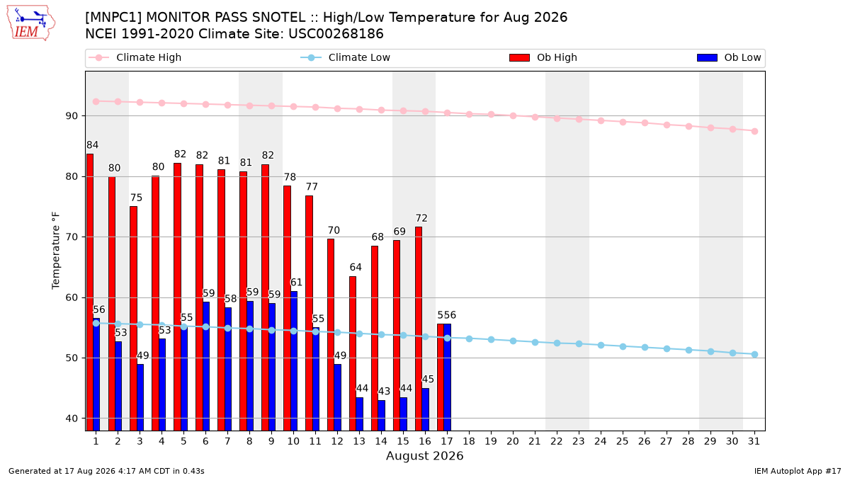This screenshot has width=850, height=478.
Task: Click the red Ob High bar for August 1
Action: point(90,292)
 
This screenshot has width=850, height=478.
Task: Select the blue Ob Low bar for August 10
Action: point(294,360)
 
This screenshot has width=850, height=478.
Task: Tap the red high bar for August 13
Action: point(353,353)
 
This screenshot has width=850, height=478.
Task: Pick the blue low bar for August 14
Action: point(381,416)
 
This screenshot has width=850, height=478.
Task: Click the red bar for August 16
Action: point(419,329)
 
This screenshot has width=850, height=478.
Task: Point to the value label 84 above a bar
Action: point(92,145)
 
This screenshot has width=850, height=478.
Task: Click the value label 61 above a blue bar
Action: point(296,283)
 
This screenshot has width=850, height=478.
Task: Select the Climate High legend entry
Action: point(135,57)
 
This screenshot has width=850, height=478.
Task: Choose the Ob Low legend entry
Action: point(729,57)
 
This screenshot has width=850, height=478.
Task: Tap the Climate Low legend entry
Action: point(345,57)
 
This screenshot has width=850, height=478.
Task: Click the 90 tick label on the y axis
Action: point(72,115)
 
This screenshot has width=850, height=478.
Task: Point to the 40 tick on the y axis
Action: point(72,419)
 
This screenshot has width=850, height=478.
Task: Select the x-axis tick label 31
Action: point(754,441)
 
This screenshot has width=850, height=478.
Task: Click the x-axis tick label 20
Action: point(513,441)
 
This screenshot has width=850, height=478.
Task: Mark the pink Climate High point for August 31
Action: point(755,131)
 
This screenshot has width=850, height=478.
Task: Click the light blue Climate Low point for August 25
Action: point(623,347)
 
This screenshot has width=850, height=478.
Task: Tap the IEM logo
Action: point(30,23)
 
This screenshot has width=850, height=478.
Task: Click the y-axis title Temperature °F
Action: point(56,251)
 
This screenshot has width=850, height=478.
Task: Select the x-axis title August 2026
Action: point(424,455)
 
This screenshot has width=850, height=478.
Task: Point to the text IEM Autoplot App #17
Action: point(798,471)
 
